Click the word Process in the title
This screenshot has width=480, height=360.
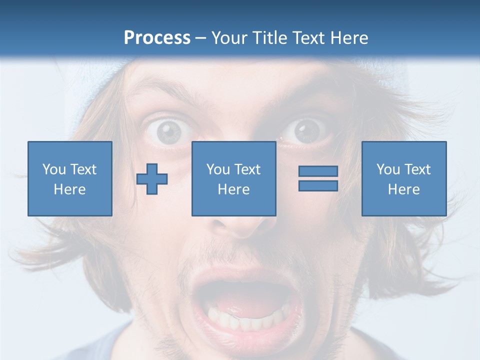pos(157,38)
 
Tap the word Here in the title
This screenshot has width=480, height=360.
pos(350,38)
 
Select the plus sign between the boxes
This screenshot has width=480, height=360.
pos(152,179)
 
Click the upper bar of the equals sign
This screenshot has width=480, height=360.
pos(318,171)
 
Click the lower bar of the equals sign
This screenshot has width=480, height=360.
pos(318,185)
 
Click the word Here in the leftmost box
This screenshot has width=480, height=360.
pos(69,189)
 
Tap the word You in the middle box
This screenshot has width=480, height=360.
pos(218,169)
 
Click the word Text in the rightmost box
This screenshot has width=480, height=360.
pos(418,169)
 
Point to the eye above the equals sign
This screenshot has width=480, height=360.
pos(306,131)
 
